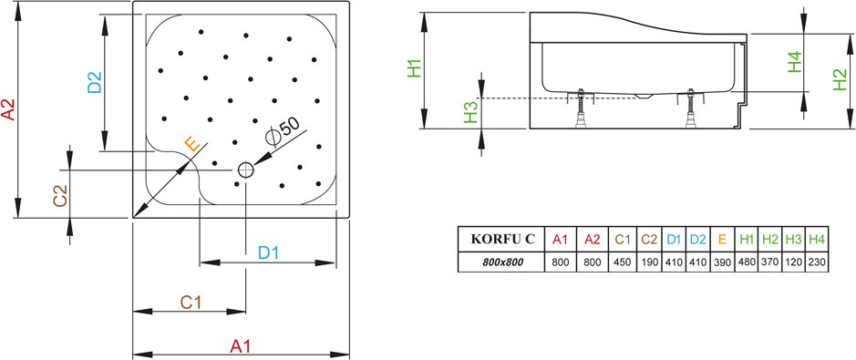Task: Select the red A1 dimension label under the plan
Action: point(240,345)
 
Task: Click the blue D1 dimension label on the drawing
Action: point(269,253)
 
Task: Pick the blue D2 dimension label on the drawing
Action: point(95,82)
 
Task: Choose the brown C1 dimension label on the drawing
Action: point(191,303)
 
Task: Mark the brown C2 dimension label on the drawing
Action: point(60,196)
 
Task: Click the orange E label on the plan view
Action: point(192,144)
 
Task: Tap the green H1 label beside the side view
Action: point(415,67)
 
